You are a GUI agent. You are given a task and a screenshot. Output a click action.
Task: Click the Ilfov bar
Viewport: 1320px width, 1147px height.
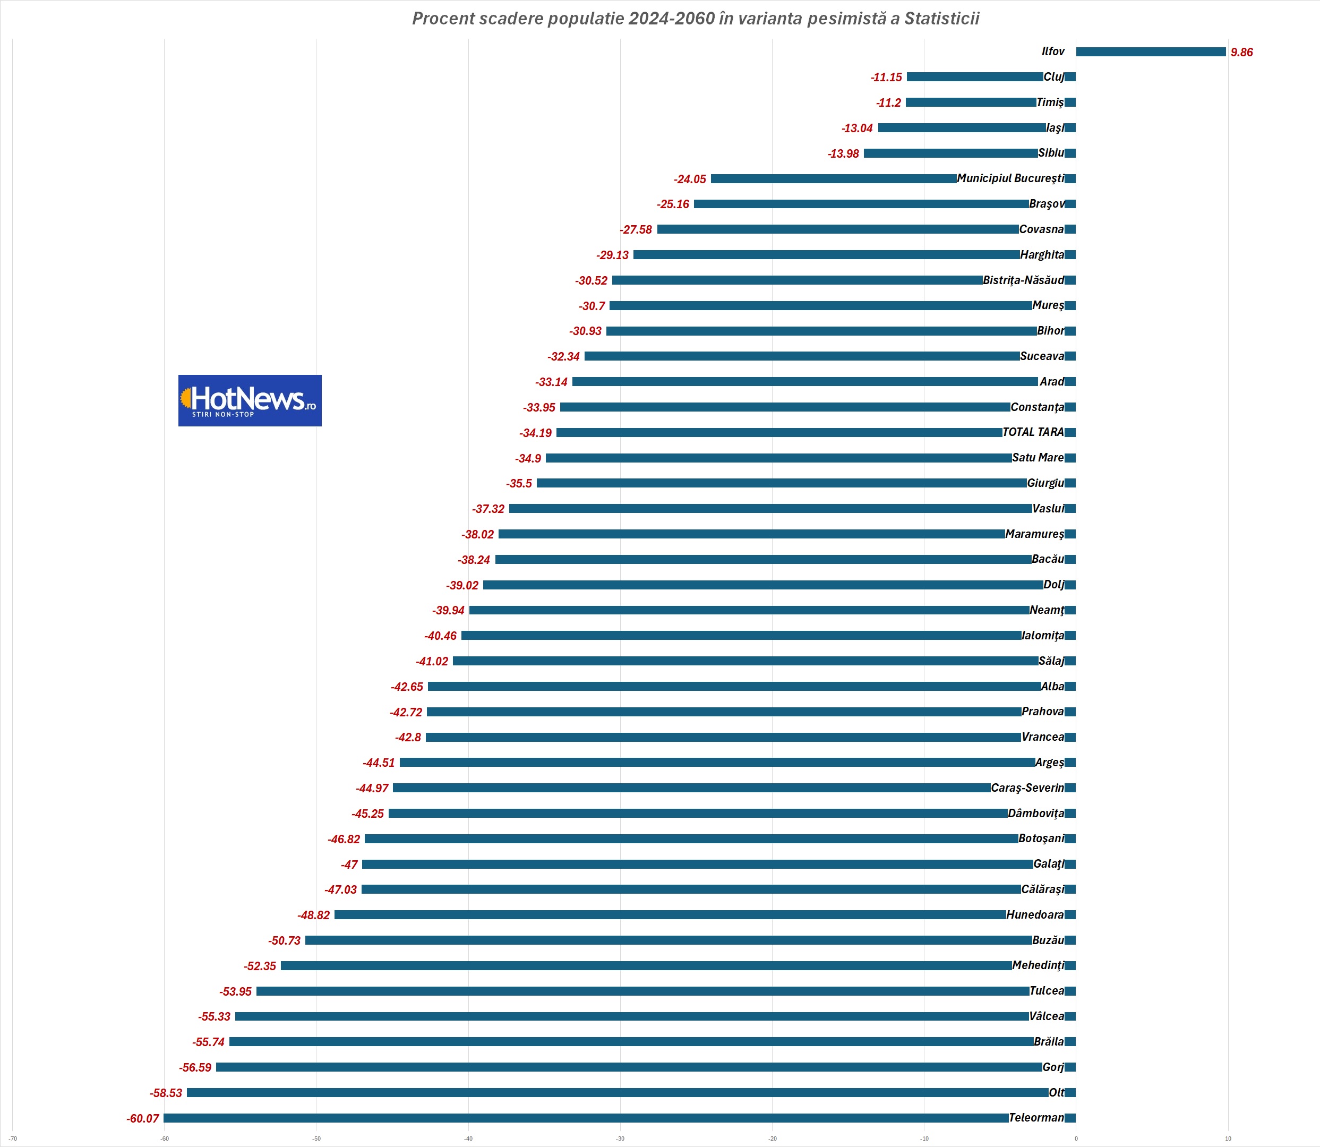[x=1151, y=52]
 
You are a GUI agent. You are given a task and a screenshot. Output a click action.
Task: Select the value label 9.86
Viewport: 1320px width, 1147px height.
[x=1241, y=53]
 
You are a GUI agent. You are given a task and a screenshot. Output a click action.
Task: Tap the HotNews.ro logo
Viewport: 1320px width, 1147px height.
[x=250, y=401]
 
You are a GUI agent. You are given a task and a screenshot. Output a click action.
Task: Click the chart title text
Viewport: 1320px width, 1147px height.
[x=696, y=19]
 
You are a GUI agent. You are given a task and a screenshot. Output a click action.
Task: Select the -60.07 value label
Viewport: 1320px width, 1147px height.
[x=143, y=1119]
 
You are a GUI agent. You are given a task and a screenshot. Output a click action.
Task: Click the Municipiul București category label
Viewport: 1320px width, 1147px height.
[x=1010, y=178]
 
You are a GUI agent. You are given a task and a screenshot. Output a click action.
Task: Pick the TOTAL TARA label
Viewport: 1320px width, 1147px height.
[x=1033, y=432]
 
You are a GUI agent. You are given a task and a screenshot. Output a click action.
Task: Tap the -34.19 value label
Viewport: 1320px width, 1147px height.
[x=536, y=433]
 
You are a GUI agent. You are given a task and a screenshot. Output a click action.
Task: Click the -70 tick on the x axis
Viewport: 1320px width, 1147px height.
[x=13, y=1139]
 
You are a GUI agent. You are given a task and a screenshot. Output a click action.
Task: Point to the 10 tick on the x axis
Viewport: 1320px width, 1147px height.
[x=1228, y=1139]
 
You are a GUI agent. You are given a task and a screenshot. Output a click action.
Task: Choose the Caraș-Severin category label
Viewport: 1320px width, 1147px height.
[x=1027, y=788]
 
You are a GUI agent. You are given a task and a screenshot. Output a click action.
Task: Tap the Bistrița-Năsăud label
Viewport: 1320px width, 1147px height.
[x=1023, y=280]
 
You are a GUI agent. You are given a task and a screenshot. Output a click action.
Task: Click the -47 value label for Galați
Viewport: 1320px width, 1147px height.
[x=349, y=864]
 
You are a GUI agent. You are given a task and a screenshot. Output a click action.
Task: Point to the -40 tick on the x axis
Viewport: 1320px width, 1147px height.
[x=468, y=1139]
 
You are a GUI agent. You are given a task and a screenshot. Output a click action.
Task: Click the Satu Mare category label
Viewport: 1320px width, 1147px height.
[x=1038, y=458]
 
